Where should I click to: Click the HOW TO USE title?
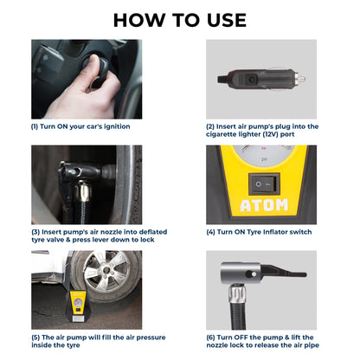click(x=180, y=19)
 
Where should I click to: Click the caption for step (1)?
click(x=80, y=125)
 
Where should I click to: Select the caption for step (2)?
click(x=261, y=130)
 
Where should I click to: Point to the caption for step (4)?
click(x=253, y=231)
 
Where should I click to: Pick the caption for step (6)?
click(x=261, y=341)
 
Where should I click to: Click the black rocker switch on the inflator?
click(x=260, y=183)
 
